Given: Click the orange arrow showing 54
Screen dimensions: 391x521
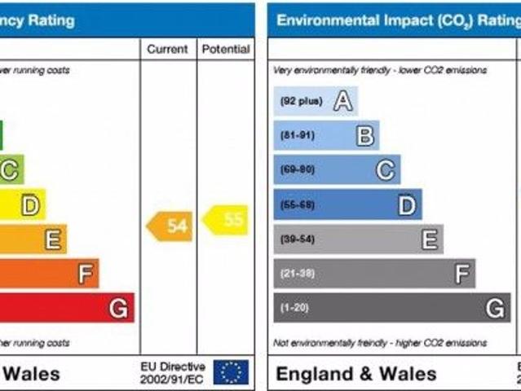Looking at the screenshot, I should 170,226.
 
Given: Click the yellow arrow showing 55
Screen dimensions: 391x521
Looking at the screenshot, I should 226,219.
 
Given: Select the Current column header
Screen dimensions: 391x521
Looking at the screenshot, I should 168,50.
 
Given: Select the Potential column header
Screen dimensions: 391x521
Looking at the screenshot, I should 226,50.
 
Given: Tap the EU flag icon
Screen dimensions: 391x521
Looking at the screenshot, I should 231,372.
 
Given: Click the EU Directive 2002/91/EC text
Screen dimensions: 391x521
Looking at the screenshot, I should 173,372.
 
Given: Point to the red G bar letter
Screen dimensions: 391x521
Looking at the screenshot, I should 119,308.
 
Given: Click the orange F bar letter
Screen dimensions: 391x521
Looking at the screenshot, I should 86,274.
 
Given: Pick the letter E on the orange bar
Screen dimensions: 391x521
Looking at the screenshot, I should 53,239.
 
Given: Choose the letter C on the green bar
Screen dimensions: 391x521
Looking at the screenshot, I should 10,170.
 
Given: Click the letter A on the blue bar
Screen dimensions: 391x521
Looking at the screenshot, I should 343,101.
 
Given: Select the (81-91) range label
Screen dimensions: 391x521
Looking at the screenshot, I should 298,135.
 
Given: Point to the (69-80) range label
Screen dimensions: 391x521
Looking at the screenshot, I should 298,169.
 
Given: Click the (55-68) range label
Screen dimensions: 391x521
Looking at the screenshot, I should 298,204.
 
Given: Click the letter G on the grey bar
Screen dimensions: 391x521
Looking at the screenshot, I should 495,309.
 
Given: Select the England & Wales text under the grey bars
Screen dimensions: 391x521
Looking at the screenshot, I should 356,374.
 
